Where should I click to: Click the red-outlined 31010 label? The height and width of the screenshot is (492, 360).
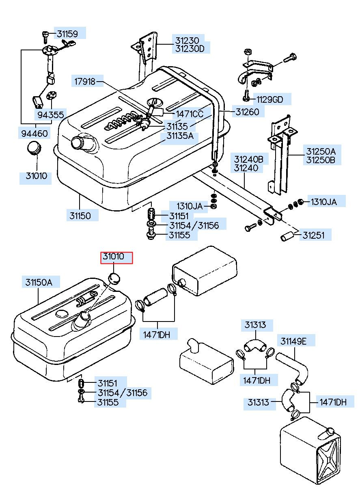coord(116,257)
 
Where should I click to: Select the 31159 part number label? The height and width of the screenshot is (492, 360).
coord(67,34)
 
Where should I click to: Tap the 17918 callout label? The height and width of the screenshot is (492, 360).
coord(85,82)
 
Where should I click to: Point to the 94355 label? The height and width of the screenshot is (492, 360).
coord(50,114)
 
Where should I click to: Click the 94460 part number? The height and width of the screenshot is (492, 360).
coord(34,133)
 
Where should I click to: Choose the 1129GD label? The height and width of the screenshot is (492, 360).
coord(270,99)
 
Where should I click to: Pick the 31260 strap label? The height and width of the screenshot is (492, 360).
coord(247,112)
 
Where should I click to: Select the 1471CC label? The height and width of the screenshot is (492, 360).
coord(190,114)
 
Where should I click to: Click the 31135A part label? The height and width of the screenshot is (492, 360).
coord(180,136)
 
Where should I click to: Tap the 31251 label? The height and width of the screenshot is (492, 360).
coord(313,235)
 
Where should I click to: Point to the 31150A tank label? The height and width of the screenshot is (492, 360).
coord(39,282)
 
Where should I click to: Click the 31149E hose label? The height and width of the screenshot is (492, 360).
coord(293,341)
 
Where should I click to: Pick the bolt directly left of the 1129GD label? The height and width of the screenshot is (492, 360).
coord(246,96)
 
